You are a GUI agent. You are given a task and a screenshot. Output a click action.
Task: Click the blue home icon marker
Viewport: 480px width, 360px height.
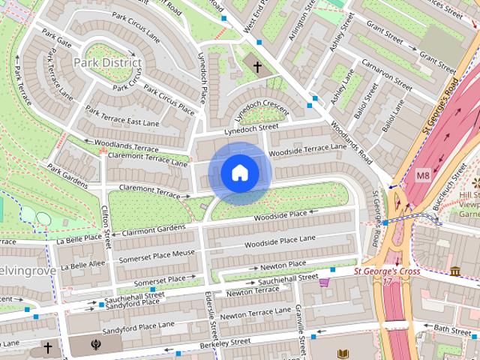pyautogui.click(x=239, y=173)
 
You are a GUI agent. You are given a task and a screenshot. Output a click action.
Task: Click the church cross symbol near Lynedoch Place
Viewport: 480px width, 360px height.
pyautogui.click(x=257, y=67)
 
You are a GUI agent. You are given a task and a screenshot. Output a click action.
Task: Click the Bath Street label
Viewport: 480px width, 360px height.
pyautogui.click(x=452, y=329)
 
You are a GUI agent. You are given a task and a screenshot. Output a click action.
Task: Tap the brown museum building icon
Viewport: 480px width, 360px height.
pyautogui.click(x=455, y=271)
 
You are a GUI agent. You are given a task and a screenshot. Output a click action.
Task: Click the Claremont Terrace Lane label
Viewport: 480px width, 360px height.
pyautogui.click(x=148, y=158)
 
